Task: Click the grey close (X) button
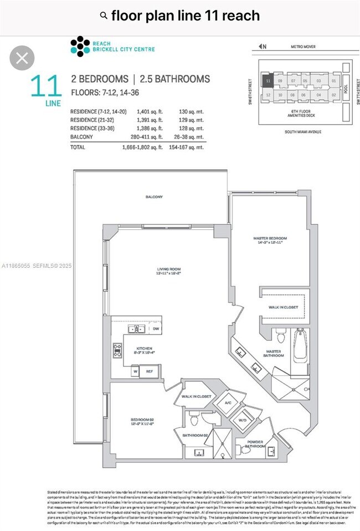pyautogui.click(x=22, y=58)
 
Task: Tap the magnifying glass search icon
pyautogui.click(x=103, y=16)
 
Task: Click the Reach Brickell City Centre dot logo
pyautogui.click(x=80, y=47)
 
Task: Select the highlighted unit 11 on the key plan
pyautogui.click(x=268, y=81)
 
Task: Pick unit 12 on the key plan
pyautogui.click(x=268, y=95)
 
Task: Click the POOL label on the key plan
pyautogui.click(x=346, y=88)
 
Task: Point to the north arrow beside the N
pyautogui.click(x=261, y=47)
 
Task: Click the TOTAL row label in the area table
pyautogui.click(x=78, y=147)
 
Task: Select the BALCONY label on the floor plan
pyautogui.click(x=155, y=197)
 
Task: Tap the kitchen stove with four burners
pyautogui.click(x=117, y=349)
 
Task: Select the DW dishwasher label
pyautogui.click(x=156, y=329)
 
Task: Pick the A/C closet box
pyautogui.click(x=228, y=402)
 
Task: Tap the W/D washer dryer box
pyautogui.click(x=243, y=420)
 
